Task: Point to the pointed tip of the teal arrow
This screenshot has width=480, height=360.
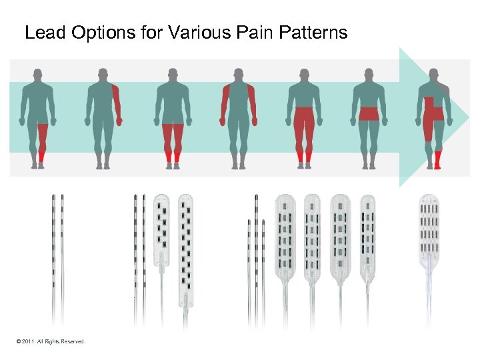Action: (x=469, y=117)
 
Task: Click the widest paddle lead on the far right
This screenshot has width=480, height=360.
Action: (x=430, y=227)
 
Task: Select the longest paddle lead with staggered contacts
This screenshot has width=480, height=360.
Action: (x=186, y=247)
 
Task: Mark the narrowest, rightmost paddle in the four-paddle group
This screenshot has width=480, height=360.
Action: (x=367, y=237)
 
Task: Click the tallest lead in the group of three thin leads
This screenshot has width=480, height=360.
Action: (x=256, y=253)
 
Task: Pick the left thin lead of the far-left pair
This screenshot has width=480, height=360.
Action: (x=53, y=253)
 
